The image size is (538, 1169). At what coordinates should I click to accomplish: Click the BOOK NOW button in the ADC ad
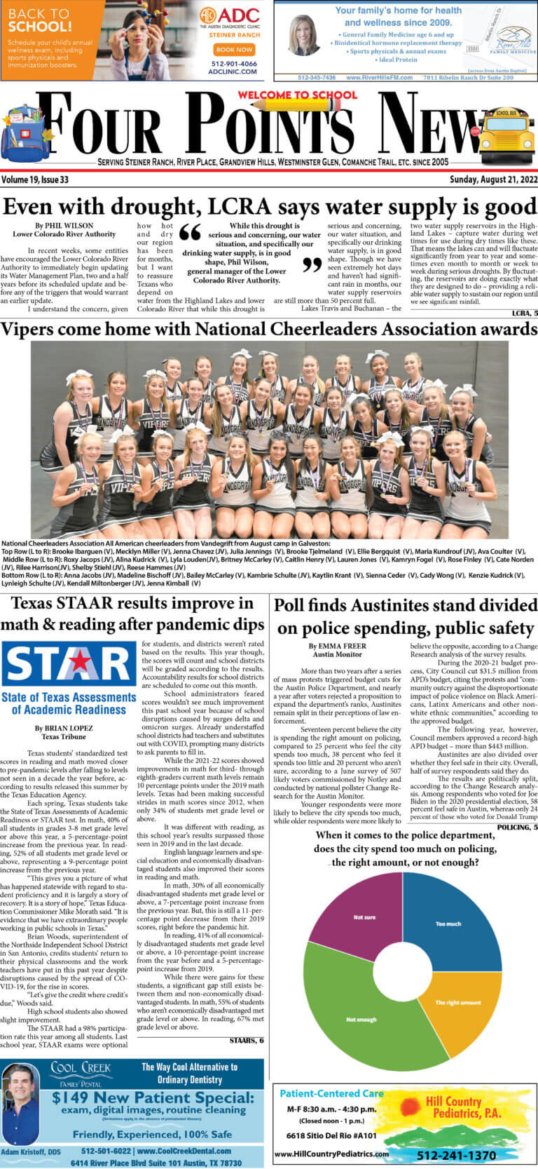click(234, 50)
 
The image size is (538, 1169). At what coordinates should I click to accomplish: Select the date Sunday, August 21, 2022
click(492, 180)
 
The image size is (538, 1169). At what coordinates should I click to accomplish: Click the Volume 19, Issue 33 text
click(35, 180)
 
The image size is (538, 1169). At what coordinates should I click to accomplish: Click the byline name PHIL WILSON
click(64, 227)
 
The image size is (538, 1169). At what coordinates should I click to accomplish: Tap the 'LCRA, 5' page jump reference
click(525, 313)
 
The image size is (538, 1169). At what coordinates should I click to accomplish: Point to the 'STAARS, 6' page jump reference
click(247, 1040)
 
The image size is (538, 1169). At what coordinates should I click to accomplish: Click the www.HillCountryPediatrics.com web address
click(331, 1154)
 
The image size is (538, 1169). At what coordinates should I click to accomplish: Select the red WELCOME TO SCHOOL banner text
click(297, 95)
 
